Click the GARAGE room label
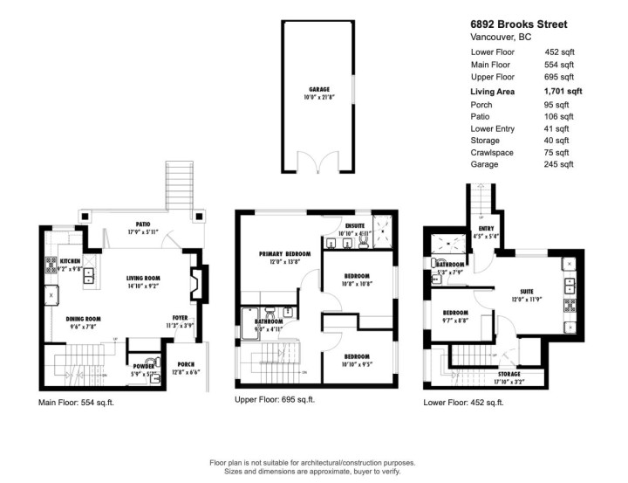click(318, 89)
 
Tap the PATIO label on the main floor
click(132, 224)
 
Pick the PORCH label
click(186, 364)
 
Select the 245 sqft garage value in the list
click(559, 164)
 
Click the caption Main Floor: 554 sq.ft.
click(76, 402)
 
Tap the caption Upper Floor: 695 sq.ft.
click(275, 399)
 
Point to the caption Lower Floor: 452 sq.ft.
click(462, 402)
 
